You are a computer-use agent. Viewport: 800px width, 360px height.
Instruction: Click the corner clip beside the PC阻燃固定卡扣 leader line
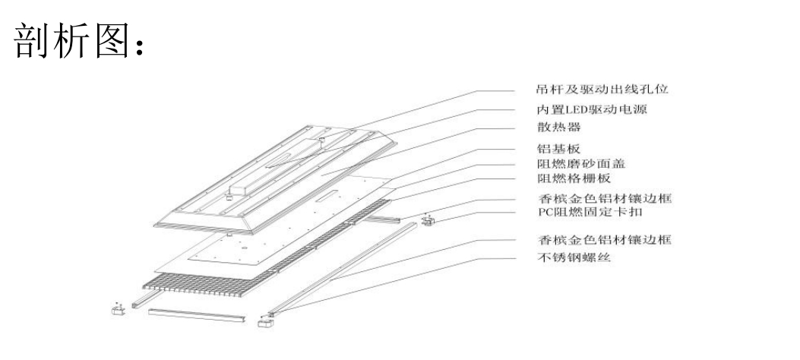(x=428, y=221)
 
